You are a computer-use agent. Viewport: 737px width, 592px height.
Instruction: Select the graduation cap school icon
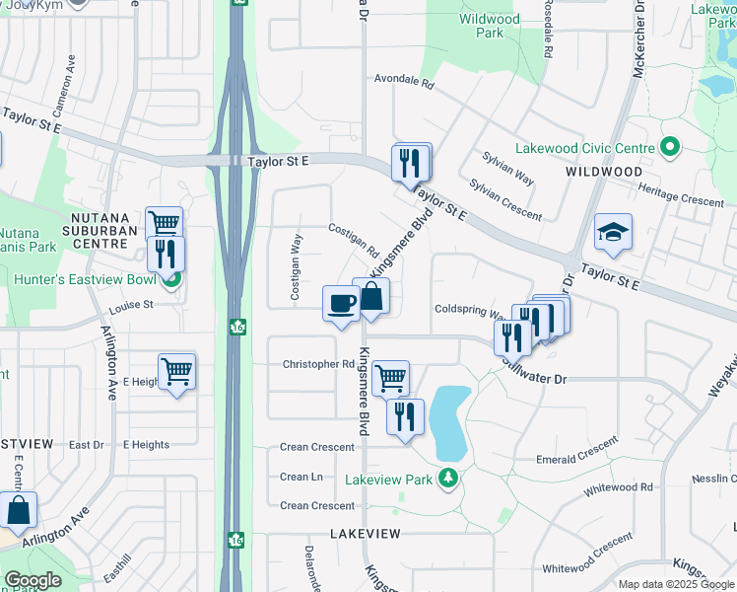point(613,233)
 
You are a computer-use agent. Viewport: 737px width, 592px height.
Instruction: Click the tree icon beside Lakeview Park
point(449,480)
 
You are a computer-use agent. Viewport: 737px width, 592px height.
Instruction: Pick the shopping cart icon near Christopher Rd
point(391,377)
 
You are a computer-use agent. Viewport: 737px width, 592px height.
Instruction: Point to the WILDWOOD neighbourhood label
point(604,172)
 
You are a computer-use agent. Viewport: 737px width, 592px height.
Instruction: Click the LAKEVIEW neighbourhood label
point(366,533)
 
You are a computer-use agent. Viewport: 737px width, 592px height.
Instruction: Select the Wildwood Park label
point(489,26)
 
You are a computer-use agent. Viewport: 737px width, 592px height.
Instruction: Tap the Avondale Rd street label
point(404,84)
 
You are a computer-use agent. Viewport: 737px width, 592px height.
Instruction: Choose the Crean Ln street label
point(301,477)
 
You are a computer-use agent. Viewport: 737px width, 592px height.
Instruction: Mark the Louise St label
point(137,305)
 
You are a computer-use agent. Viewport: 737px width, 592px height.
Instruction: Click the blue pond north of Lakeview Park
point(448,422)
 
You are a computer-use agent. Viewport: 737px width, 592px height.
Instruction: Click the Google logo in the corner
point(33,580)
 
